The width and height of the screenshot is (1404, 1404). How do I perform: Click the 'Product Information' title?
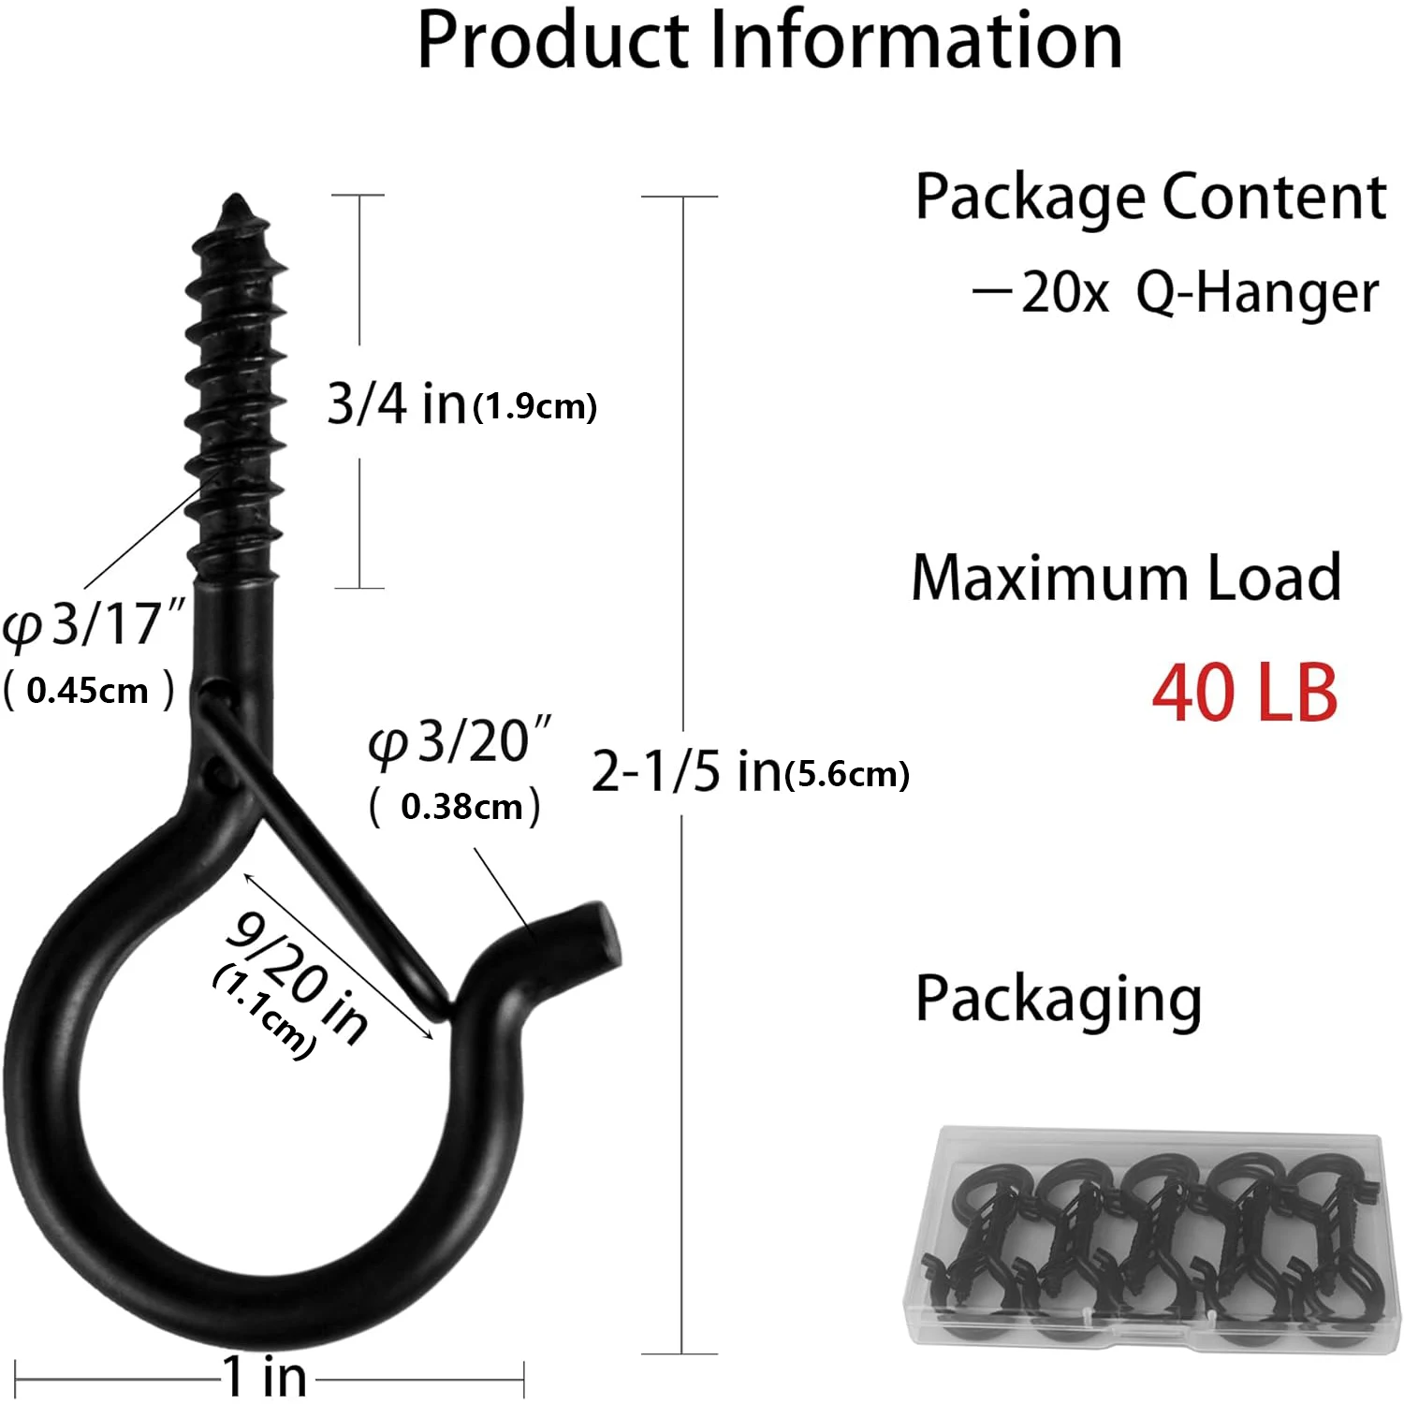point(769,41)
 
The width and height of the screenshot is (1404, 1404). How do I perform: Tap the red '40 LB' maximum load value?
point(1244,694)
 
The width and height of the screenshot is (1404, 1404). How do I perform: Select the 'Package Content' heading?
point(1150,197)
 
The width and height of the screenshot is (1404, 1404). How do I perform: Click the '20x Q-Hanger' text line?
point(1176,293)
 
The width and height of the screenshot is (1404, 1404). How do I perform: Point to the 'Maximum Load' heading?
point(1126,578)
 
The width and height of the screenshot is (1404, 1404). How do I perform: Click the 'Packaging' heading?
point(1058,1000)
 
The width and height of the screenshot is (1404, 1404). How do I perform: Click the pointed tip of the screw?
point(235,200)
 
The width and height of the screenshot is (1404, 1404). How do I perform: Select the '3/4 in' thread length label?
point(396,403)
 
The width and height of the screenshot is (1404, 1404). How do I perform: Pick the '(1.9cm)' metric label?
point(535,406)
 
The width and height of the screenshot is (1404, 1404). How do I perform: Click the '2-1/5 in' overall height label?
point(686,771)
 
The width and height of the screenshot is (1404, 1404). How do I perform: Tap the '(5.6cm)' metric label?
point(848,774)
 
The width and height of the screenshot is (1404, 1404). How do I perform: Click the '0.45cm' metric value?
point(88,692)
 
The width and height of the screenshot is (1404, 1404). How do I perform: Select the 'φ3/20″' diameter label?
point(460,742)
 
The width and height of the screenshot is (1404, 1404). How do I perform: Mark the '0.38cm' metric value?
point(461,807)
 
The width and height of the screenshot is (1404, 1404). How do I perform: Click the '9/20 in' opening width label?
point(298,977)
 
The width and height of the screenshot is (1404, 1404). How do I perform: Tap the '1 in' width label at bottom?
point(265,1377)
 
